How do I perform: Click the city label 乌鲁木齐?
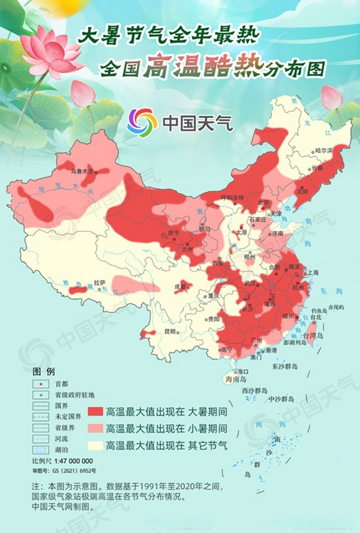tap(82, 171)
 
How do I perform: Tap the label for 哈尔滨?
tap(324, 150)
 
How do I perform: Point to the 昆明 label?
tap(170, 332)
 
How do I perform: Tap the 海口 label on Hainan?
tap(243, 371)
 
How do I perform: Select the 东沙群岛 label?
tap(285, 367)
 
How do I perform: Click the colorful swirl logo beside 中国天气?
tap(142, 123)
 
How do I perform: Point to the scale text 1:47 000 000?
tap(74, 461)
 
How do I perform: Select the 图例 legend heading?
tap(44, 371)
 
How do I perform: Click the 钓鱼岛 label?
tap(320, 311)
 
